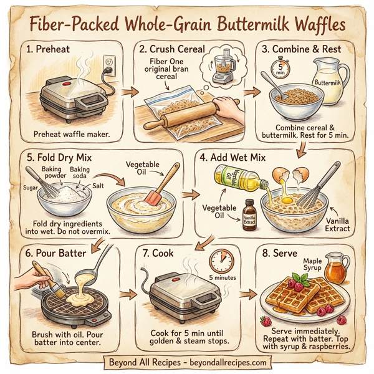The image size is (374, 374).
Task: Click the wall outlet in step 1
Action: tap(109, 63)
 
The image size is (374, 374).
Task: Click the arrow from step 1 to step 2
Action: tap(129, 93)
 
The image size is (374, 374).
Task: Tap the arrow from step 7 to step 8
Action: tap(247, 294)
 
